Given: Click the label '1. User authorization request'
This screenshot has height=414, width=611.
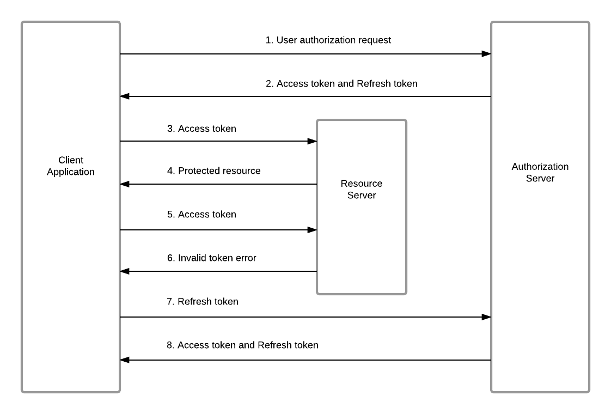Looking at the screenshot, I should click(x=328, y=40).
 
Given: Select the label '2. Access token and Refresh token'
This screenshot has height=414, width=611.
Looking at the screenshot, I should click(x=341, y=84).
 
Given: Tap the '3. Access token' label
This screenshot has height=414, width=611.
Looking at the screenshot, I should click(x=201, y=129).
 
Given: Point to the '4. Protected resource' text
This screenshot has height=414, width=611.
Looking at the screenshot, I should click(x=213, y=171).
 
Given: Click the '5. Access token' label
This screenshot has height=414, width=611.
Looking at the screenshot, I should click(x=201, y=215).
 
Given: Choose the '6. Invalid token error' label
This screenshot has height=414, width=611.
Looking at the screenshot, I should click(x=211, y=258).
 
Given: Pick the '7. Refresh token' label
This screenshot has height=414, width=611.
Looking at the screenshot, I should click(x=203, y=302).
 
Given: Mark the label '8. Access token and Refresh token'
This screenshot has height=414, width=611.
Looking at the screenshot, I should click(x=242, y=345).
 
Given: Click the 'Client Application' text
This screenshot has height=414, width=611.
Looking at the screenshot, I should click(x=71, y=166).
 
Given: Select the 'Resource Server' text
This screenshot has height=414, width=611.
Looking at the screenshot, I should click(x=362, y=190).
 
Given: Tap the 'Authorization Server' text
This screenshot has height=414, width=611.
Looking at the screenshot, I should click(x=540, y=173).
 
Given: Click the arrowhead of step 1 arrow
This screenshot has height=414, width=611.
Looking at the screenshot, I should click(x=486, y=54).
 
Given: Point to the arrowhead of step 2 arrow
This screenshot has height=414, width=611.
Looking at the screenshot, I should click(x=125, y=96).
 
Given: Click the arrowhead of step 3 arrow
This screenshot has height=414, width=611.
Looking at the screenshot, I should click(x=312, y=141).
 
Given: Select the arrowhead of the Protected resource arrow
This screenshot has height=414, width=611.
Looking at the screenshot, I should click(x=125, y=184).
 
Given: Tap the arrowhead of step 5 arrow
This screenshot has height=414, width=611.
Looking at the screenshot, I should click(x=312, y=230).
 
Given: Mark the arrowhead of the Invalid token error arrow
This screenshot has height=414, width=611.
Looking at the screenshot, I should click(x=125, y=271).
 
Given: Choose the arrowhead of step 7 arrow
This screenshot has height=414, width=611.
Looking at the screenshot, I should click(x=486, y=317).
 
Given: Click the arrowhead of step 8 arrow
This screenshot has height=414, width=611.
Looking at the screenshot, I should click(x=125, y=360).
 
